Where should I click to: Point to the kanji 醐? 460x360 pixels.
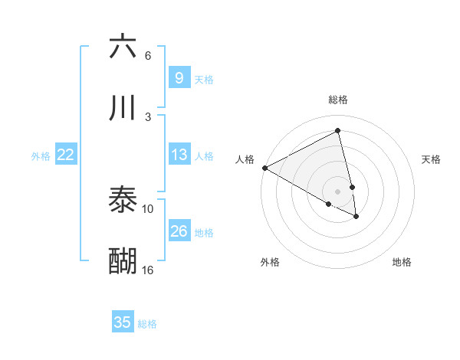click(123, 260)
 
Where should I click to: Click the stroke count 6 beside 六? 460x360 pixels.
click(148, 56)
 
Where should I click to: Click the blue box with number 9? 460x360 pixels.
click(179, 78)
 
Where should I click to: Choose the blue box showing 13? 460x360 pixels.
click(179, 155)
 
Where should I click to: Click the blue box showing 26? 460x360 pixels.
click(179, 231)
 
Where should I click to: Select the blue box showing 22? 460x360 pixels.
click(66, 155)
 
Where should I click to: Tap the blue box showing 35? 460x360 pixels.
click(123, 322)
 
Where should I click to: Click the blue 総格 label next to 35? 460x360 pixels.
click(147, 324)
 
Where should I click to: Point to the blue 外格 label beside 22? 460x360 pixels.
click(41, 156)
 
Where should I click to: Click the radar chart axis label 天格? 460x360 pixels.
click(432, 159)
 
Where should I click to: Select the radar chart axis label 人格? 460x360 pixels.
click(245, 159)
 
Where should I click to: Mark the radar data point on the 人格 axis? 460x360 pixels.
click(264, 168)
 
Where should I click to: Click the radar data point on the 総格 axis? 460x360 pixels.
click(337, 131)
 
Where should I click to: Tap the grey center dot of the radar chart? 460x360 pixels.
click(337, 191)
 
